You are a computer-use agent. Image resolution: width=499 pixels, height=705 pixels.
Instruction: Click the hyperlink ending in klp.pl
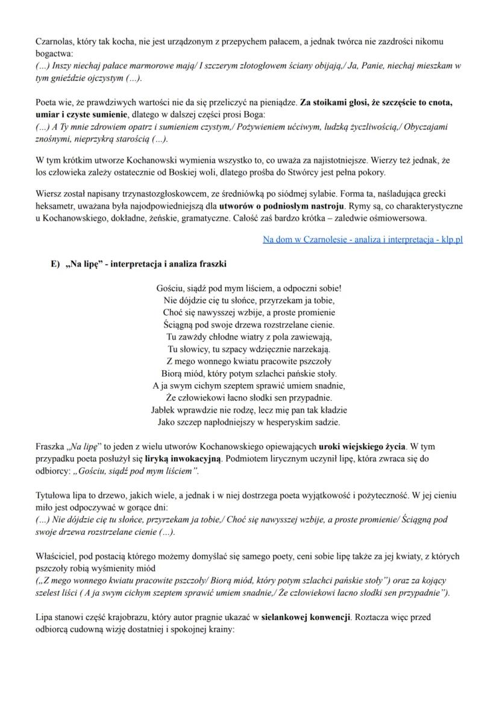pyautogui.click(x=363, y=239)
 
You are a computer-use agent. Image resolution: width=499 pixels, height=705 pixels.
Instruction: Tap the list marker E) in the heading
pyautogui.click(x=55, y=264)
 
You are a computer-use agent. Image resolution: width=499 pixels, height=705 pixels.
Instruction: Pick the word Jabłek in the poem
pyautogui.click(x=163, y=409)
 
